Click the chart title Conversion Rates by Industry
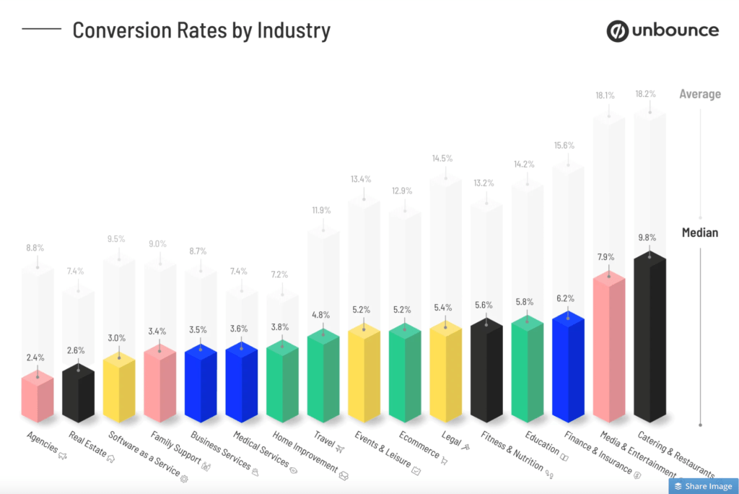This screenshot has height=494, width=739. point(201,30)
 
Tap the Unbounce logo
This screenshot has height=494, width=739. point(662,30)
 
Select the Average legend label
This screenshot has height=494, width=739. point(699,94)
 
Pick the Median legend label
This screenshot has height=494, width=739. point(700,233)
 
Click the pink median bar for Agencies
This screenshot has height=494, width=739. point(37,397)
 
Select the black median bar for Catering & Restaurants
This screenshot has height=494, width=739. point(650,339)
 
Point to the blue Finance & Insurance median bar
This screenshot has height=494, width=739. point(568,368)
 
